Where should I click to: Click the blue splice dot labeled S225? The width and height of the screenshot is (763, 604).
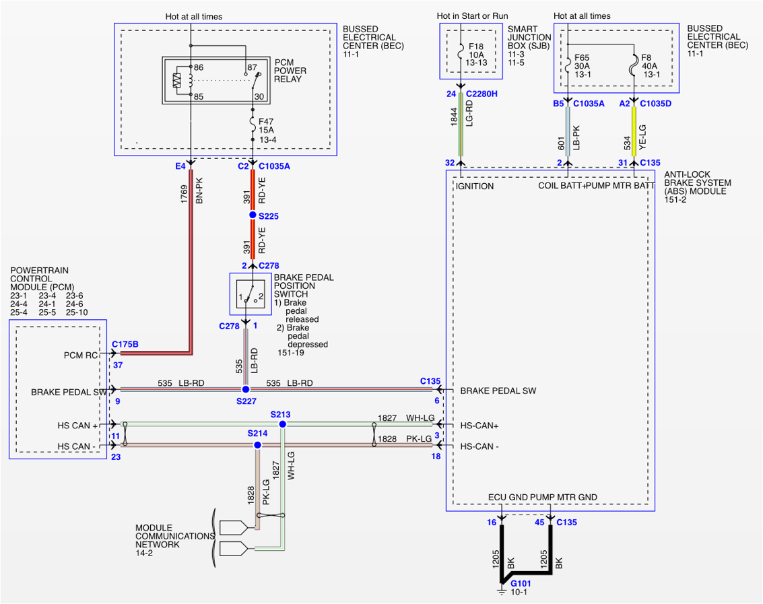pos(253,215)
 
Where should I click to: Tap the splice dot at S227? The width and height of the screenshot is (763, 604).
pos(246,389)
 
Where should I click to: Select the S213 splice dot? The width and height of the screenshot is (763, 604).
pos(283,424)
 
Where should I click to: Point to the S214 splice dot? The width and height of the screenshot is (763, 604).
pos(257,445)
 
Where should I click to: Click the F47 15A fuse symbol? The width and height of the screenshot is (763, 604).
pos(253,125)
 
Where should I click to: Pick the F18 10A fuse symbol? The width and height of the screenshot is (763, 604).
pos(461,50)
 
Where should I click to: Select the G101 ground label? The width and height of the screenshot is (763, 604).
pos(521,583)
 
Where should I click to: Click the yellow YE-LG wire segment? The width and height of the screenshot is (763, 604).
pos(634,131)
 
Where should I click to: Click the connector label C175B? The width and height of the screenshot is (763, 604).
pos(125,344)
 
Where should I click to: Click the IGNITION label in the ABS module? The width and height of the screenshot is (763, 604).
pos(475,186)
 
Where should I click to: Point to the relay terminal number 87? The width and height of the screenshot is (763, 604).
pos(253,67)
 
